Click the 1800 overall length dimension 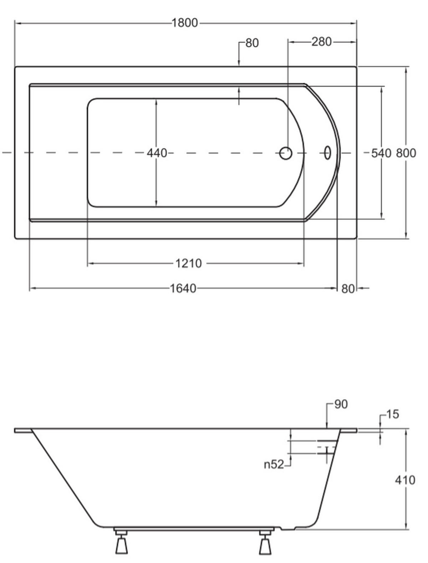tap(184, 23)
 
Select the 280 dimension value tap(321, 42)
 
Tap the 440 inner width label tap(157, 153)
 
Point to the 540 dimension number tap(381, 153)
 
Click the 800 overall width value tap(406, 153)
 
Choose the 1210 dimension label tap(188, 263)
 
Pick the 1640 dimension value tap(183, 289)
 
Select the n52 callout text tap(274, 464)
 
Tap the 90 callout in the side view tap(341, 404)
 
